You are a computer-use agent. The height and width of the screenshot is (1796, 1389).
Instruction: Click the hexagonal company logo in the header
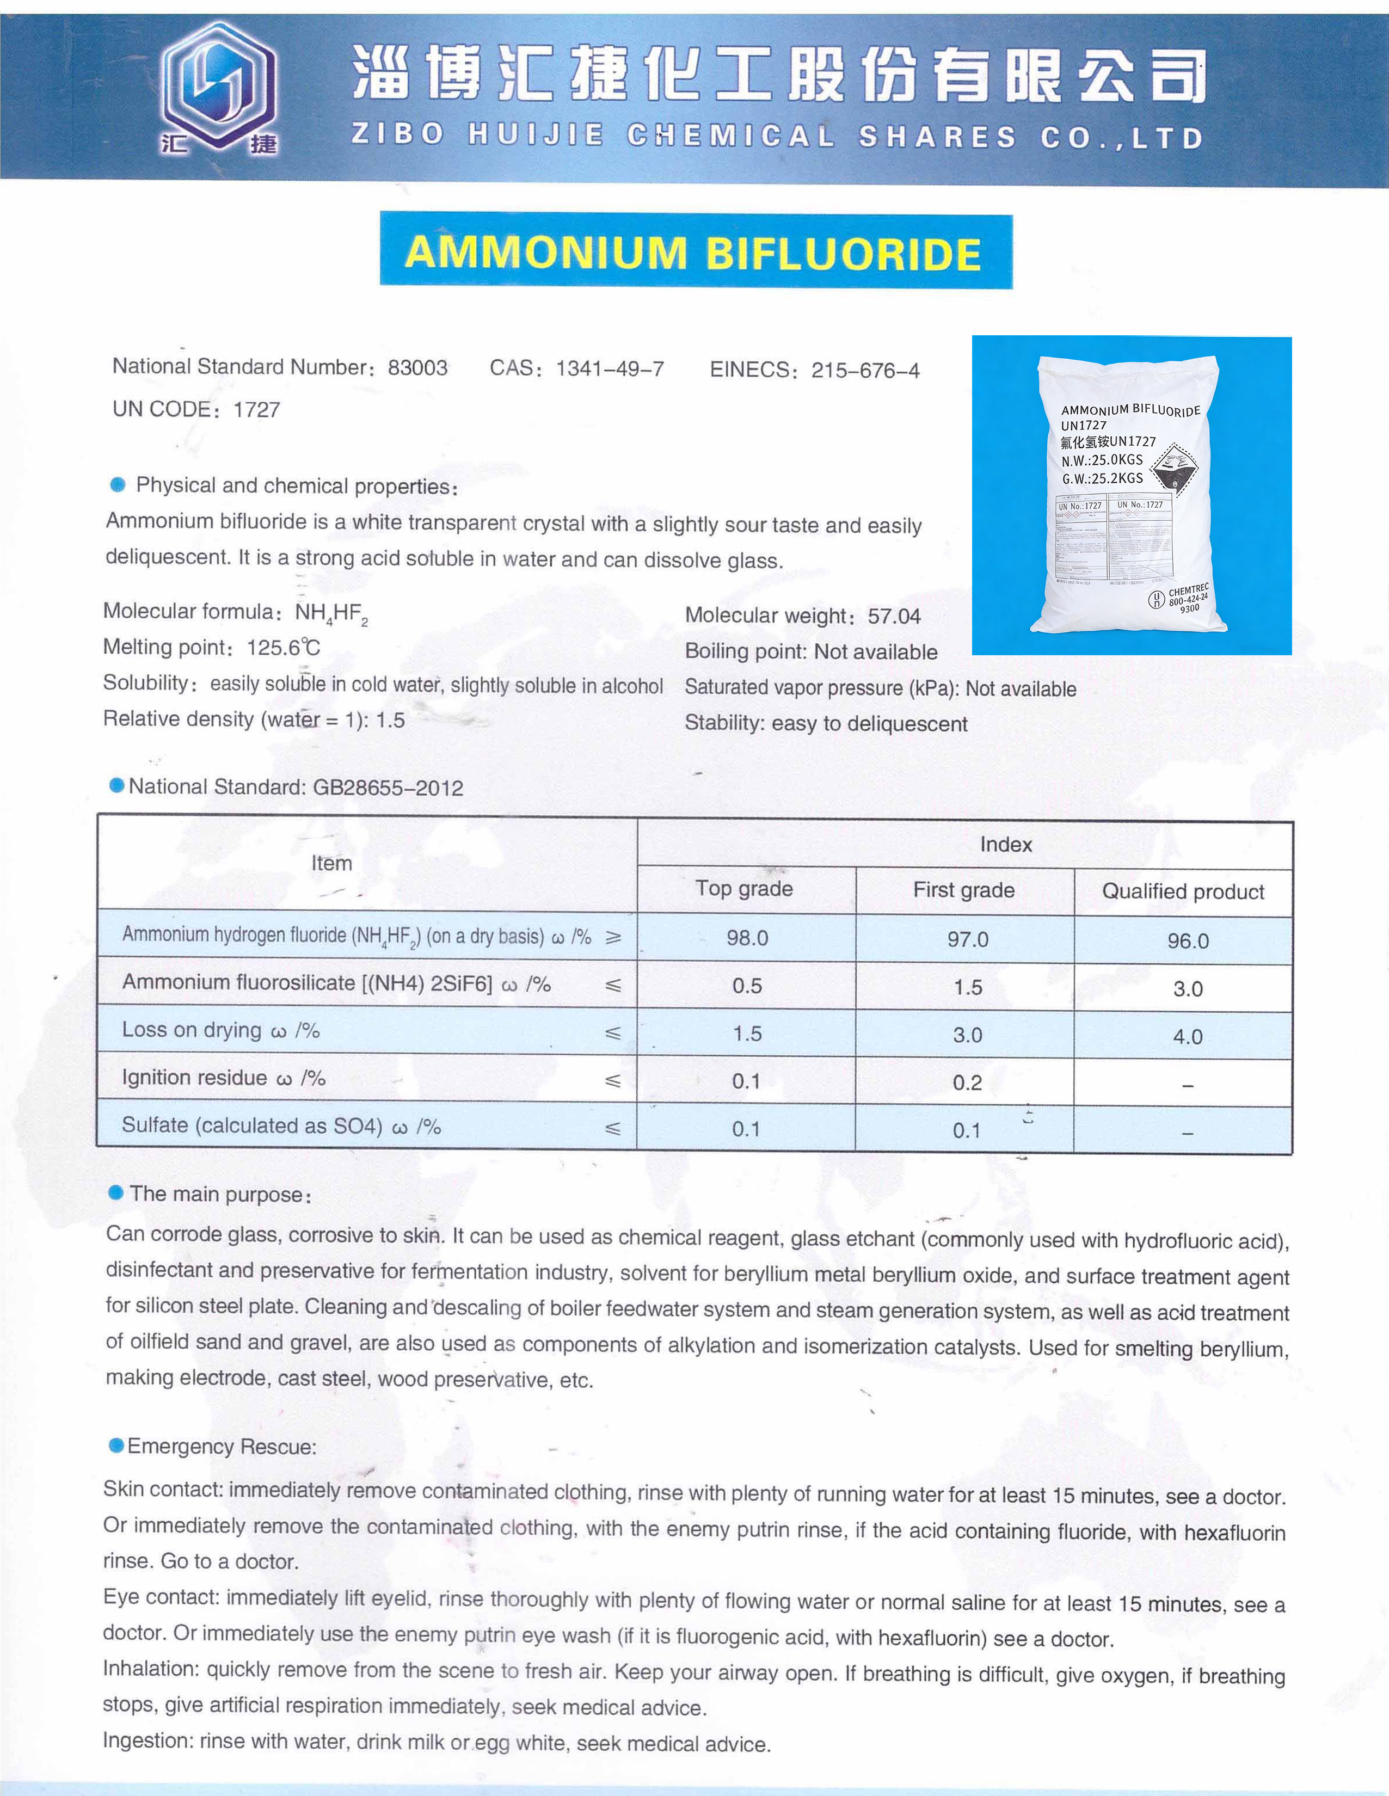point(218,87)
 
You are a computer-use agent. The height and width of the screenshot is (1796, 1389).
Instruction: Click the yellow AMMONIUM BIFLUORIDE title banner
point(695,251)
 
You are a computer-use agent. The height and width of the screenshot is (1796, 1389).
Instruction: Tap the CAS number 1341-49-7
point(610,368)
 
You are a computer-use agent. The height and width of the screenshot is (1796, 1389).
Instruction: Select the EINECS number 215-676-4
point(865,370)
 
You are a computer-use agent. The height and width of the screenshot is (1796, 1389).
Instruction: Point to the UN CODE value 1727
point(256,409)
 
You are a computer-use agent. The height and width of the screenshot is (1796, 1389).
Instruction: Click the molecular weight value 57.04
point(894,616)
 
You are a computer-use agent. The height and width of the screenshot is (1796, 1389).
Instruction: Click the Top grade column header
point(744,888)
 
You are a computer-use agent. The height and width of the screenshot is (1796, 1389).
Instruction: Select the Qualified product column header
point(1183,891)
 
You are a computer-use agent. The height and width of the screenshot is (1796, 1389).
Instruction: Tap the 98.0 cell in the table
point(747,938)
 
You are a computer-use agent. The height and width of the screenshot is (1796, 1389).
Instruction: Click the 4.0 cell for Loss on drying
point(1188,1036)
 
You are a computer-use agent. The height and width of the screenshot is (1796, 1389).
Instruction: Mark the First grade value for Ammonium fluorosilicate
point(967,987)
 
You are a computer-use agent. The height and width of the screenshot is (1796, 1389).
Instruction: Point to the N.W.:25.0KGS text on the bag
point(1102,460)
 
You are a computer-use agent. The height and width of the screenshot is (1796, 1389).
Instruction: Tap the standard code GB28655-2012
point(388,788)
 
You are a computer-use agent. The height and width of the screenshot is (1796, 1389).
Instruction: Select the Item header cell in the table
point(331,864)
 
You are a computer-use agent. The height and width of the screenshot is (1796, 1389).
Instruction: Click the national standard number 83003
point(418,367)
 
